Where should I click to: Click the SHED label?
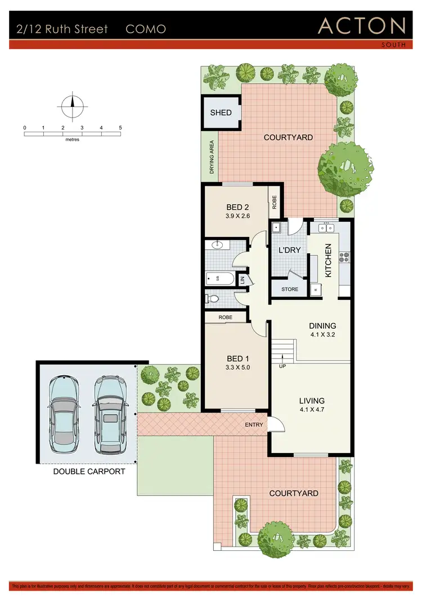(221, 113)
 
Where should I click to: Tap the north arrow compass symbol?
(72, 105)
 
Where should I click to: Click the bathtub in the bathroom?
(220, 277)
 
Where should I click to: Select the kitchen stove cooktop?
(344, 258)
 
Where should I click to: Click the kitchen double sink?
(326, 228)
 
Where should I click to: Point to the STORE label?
(290, 289)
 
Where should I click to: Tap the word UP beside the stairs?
(282, 366)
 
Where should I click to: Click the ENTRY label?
(254, 425)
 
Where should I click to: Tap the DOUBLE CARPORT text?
(89, 472)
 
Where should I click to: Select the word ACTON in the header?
(362, 26)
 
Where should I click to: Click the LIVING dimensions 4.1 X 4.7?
(312, 411)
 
